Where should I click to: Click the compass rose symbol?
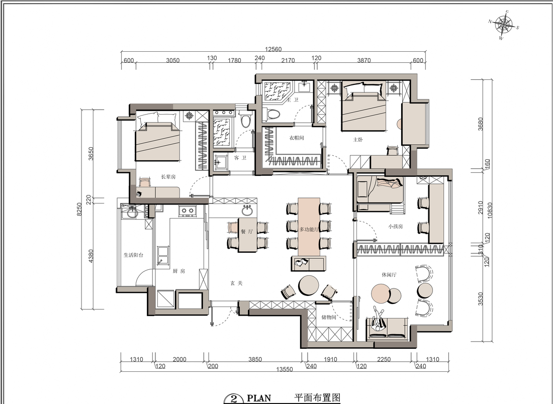tap(503, 24)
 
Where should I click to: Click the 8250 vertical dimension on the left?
tap(79, 210)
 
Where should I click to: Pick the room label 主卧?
tap(358, 140)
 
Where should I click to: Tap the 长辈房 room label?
tap(168, 177)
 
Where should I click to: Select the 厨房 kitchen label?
tap(179, 271)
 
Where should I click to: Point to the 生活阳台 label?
tap(133, 255)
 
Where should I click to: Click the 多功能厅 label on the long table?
tap(309, 229)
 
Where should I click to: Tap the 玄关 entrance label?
tap(236, 283)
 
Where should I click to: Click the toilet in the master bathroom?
tap(271, 114)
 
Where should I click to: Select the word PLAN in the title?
tap(259, 398)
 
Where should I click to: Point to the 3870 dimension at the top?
tap(363, 60)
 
